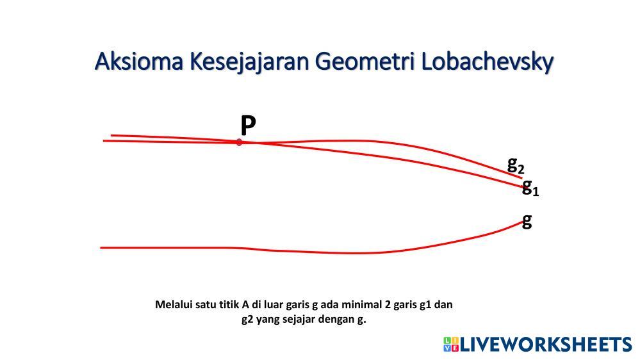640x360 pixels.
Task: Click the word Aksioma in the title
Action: tap(139, 61)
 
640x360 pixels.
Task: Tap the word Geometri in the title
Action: tap(365, 61)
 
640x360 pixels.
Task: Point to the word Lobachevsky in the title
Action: tap(487, 62)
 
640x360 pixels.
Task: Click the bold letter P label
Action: tap(248, 125)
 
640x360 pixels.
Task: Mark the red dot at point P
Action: tap(239, 142)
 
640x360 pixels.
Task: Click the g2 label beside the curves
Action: tap(516, 165)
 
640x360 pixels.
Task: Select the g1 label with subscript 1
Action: tap(530, 187)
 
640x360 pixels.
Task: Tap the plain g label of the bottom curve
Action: tap(527, 221)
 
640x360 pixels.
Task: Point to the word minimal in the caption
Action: tap(361, 304)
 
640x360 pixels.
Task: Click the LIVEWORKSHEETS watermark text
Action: tap(546, 345)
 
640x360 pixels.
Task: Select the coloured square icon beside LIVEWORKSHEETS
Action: tap(452, 345)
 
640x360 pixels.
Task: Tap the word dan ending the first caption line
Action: tap(444, 304)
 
